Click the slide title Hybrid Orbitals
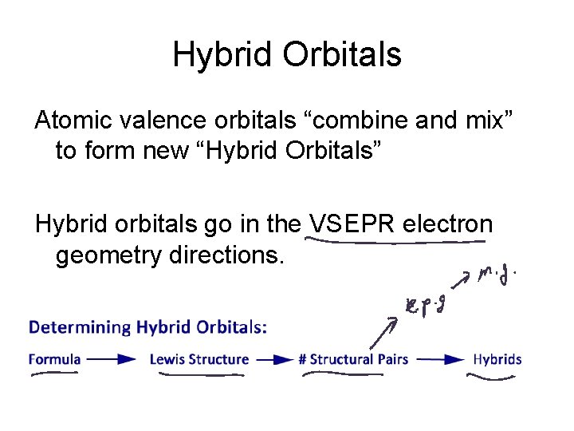pos(287,55)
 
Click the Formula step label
pos(54,359)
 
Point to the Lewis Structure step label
pos(199,359)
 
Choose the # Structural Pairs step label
pos(353,359)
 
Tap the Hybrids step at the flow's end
pos(497,359)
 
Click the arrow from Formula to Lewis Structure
pos(112,359)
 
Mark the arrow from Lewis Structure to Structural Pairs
pos(273,359)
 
